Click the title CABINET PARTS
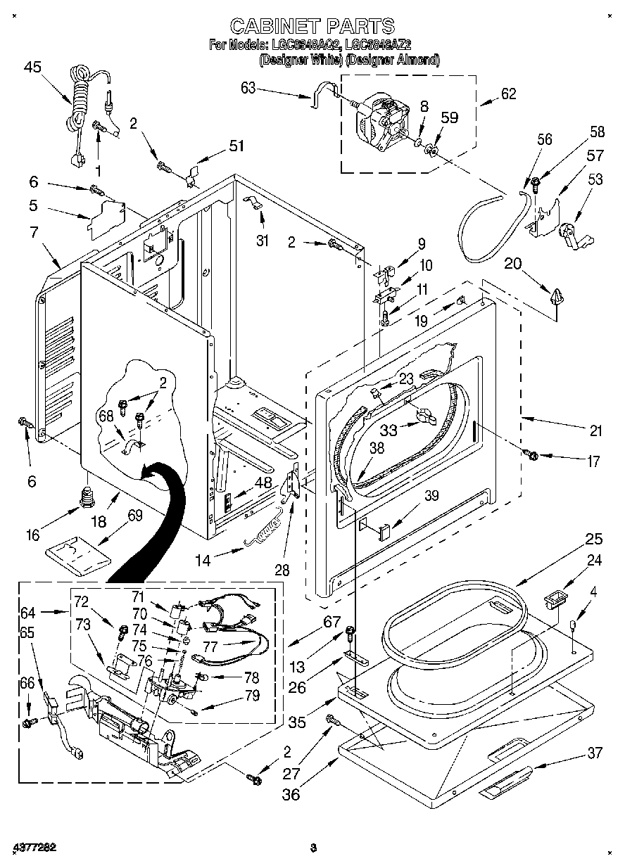(312, 27)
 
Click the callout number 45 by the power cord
(32, 68)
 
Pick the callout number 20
(513, 263)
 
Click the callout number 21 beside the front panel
(595, 431)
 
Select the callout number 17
(593, 462)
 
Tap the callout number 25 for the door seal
(594, 540)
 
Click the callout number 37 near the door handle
(595, 753)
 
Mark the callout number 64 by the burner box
(27, 612)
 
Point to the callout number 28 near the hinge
(282, 569)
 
